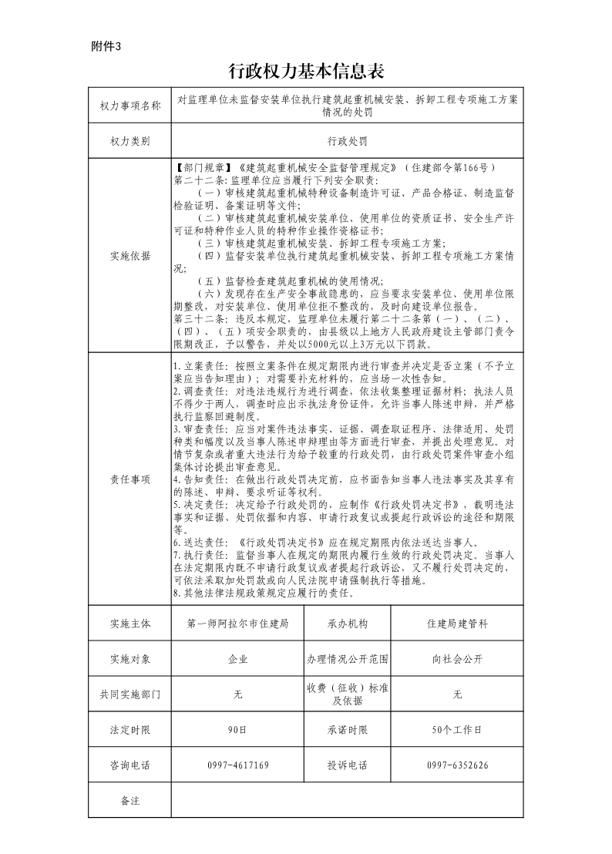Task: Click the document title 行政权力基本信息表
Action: click(306, 72)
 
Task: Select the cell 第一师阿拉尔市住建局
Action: click(237, 623)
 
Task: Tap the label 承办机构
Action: click(348, 623)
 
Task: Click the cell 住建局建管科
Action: click(457, 623)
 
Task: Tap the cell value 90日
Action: click(237, 729)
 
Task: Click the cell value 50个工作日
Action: click(457, 729)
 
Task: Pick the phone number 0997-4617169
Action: click(237, 765)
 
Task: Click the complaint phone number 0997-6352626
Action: click(457, 765)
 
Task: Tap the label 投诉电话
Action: click(348, 765)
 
